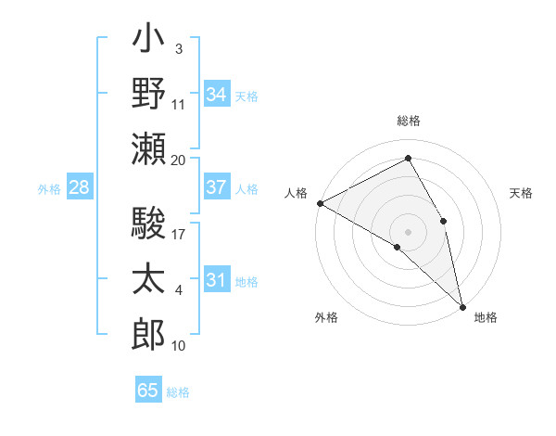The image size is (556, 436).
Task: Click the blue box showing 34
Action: pos(216,94)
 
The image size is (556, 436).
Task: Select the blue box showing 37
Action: pos(216,187)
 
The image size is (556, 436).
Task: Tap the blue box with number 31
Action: pos(216,280)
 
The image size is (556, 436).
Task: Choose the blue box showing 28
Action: pos(79,187)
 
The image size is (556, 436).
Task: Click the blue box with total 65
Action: pos(148,391)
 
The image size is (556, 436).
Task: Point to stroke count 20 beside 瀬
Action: pos(179,160)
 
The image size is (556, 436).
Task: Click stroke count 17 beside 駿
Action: pos(179,235)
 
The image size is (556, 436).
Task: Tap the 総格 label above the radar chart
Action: pos(408,121)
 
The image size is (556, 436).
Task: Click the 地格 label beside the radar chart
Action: pos(486,317)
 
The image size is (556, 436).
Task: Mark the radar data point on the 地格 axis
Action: pos(461,305)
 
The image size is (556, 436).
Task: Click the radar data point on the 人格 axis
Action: pos(320,202)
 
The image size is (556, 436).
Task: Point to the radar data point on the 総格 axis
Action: pos(408,159)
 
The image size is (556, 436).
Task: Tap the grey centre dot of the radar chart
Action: pos(408,231)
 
